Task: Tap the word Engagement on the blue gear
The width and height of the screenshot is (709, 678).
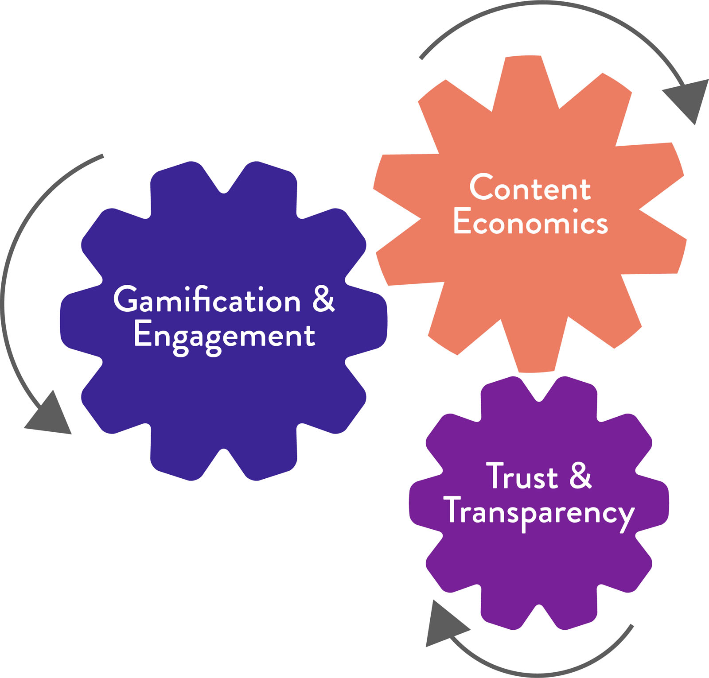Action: pos(224,336)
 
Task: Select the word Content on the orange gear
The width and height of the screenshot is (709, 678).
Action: pos(530,188)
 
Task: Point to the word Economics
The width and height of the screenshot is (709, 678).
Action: pos(530,222)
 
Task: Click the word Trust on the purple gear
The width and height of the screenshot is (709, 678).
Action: pos(522,476)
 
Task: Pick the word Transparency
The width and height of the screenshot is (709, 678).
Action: pos(539,512)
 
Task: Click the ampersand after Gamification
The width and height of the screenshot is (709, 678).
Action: pos(323,299)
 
